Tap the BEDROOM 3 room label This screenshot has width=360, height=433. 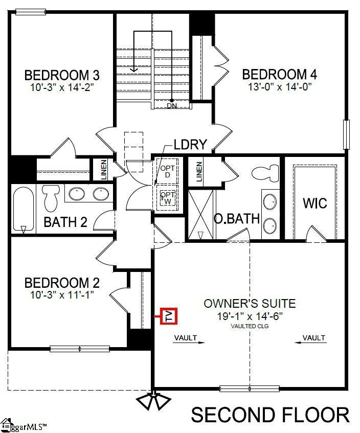62,76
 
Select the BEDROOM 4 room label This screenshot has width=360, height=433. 279,75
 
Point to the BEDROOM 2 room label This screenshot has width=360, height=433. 62,283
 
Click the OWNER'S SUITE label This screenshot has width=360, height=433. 250,303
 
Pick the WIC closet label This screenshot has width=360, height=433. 314,203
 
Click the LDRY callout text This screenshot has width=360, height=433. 190,145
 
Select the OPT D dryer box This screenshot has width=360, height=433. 167,171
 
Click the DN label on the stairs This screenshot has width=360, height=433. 172,106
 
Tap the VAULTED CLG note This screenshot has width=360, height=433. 250,326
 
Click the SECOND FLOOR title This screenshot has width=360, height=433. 271,415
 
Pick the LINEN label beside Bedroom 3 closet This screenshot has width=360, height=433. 103,171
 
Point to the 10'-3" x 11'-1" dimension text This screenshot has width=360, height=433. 62,294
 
